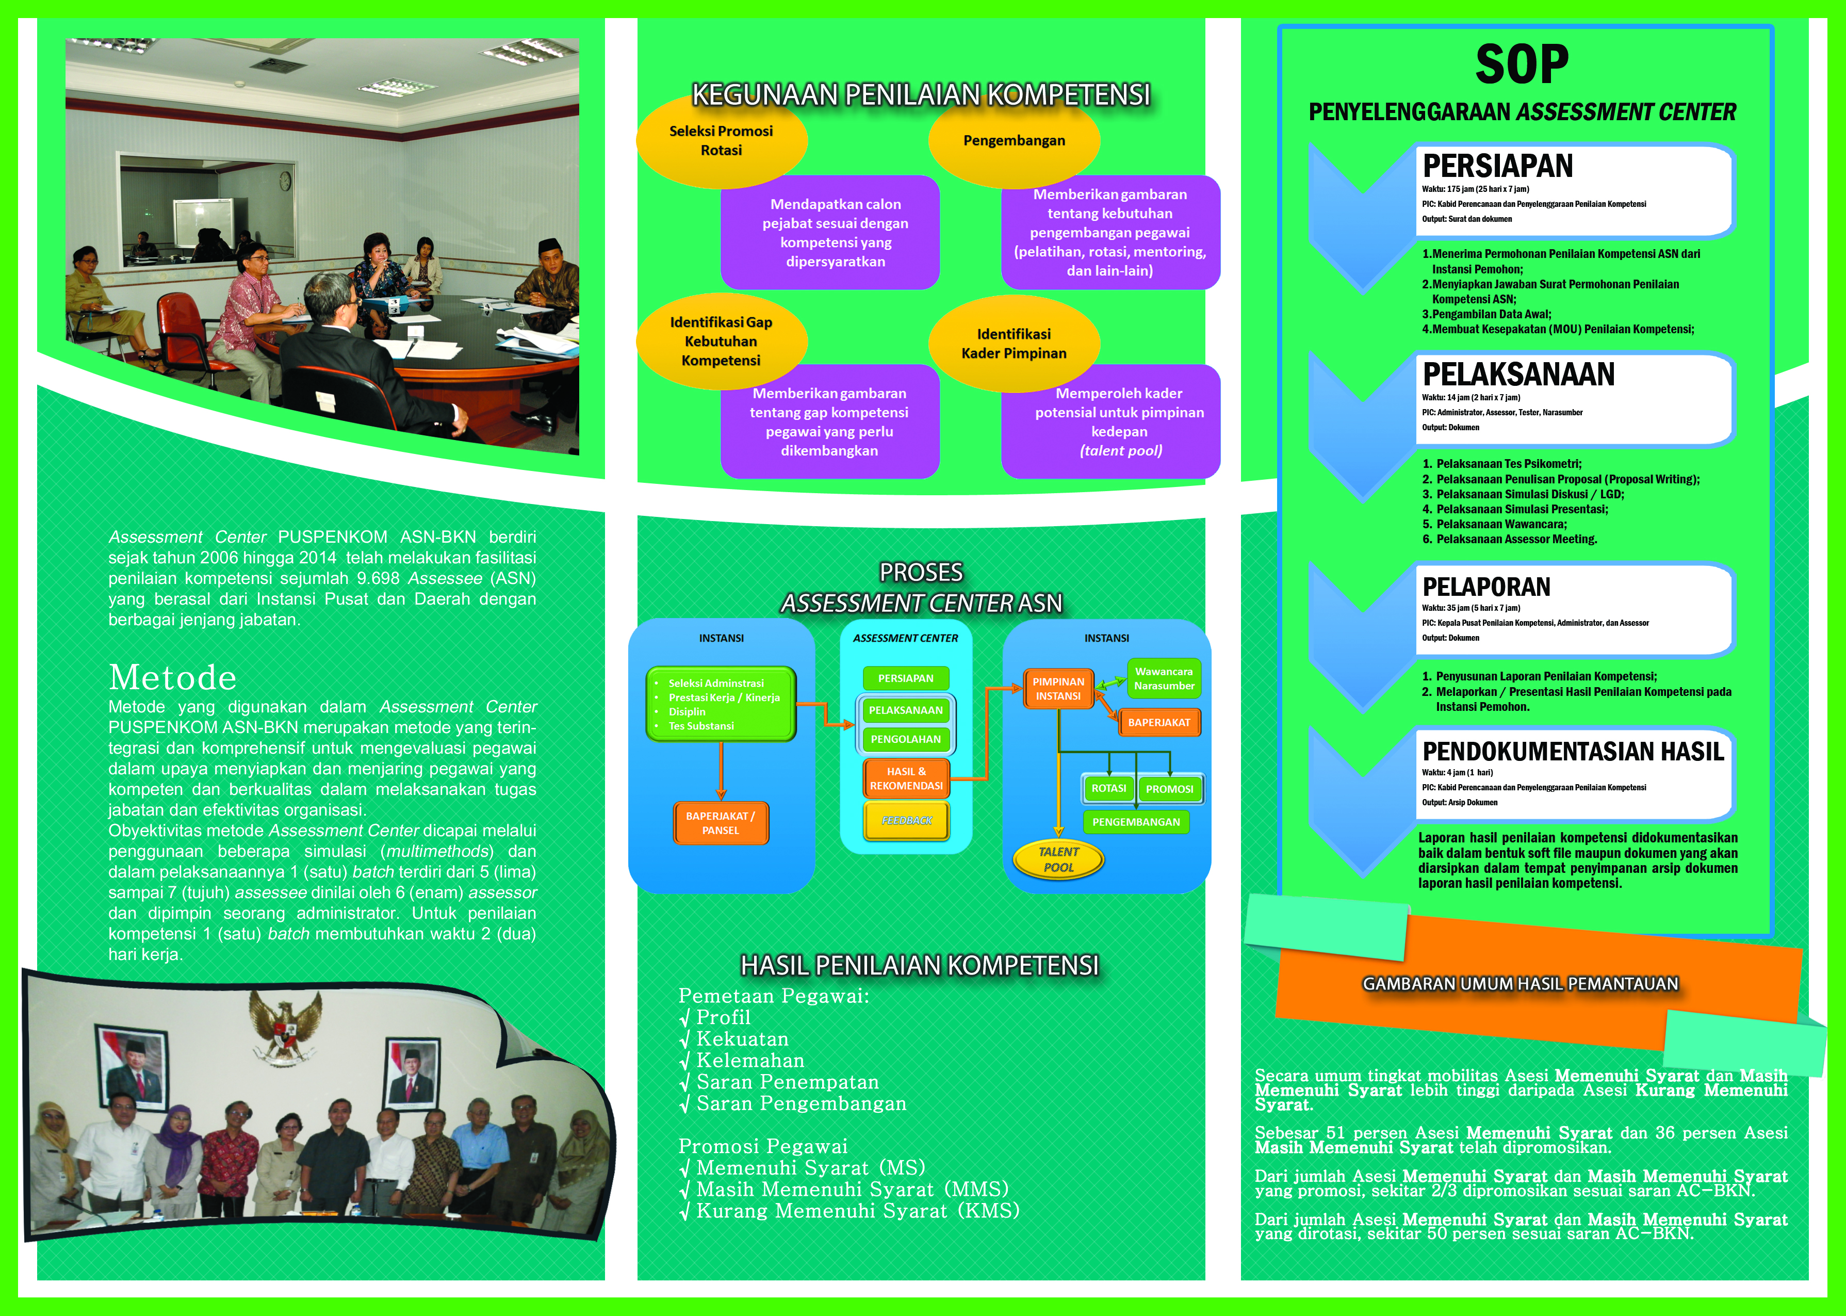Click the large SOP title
pos(1522,65)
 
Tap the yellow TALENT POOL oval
pos(1059,860)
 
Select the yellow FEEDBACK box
pos(906,821)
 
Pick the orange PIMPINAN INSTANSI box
pos(1059,689)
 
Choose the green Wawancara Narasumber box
pos(1164,679)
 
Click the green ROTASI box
pos(1109,788)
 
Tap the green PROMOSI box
pos(1170,789)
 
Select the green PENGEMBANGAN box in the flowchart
pos(1136,822)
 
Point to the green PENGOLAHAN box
pos(906,739)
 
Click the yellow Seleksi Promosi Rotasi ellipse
pos(722,140)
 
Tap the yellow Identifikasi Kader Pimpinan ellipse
pos(1014,344)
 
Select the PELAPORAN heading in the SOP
pos(1486,587)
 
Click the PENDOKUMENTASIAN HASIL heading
pos(1573,751)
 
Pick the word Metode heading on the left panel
pos(173,677)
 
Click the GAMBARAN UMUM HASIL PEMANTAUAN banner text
pos(1521,984)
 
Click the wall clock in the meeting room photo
pos(285,181)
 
